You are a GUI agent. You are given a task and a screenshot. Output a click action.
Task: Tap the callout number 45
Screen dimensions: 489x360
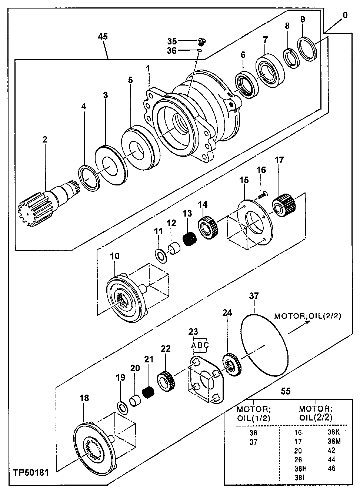point(103,36)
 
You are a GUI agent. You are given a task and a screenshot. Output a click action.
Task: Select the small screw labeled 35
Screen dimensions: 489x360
point(202,40)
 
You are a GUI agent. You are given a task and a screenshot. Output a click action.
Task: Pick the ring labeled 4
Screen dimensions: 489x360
point(90,178)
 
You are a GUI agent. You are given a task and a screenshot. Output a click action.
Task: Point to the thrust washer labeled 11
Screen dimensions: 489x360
point(160,255)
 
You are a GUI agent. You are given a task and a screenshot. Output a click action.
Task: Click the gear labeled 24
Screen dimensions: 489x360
point(231,365)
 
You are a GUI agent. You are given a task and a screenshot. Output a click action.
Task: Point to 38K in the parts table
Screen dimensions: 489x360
point(334,432)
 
